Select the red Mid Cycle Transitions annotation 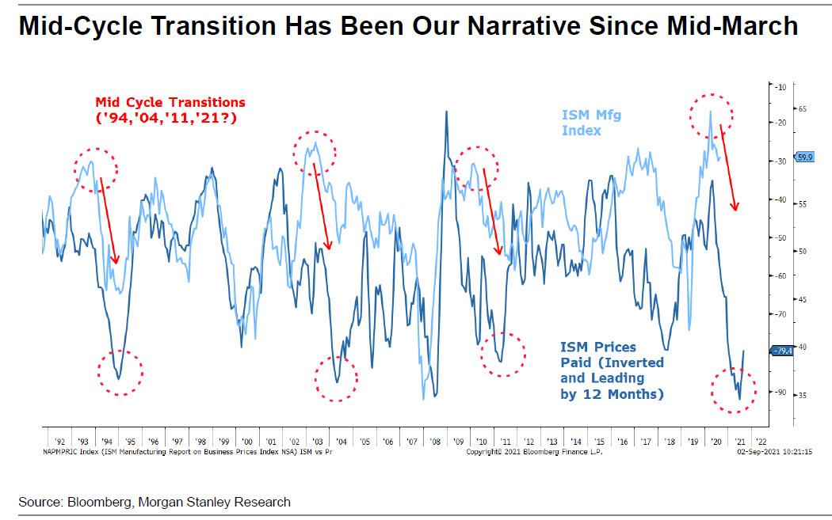(170, 109)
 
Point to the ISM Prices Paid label (611, 370)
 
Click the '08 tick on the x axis (434, 441)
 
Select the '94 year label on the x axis (106, 441)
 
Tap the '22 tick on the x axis (761, 441)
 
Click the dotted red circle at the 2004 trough (337, 378)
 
